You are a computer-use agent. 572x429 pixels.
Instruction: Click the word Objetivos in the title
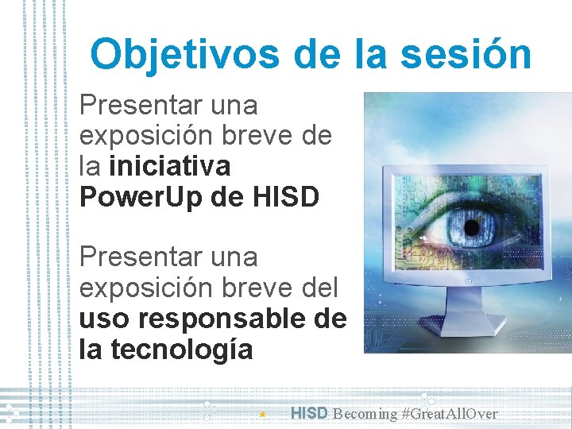185,55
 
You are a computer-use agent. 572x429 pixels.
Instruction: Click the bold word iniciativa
170,166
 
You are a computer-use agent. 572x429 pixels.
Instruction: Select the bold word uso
103,319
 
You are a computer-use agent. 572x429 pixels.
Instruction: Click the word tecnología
179,349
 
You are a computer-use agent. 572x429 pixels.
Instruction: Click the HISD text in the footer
309,413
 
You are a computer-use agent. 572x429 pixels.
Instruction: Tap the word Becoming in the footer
365,414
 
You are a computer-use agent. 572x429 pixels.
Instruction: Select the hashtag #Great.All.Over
450,414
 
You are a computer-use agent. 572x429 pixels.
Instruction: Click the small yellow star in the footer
262,414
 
